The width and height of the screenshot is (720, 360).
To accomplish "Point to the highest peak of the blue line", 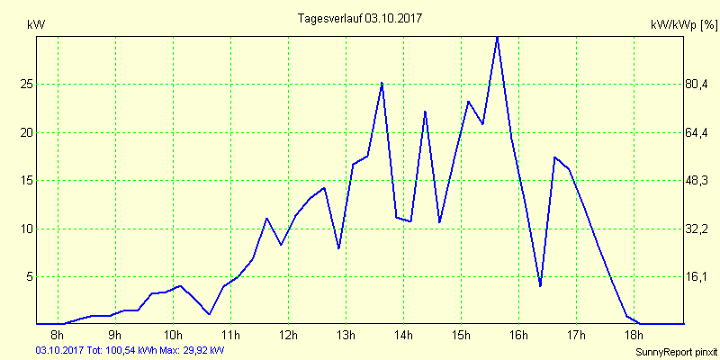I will coord(497,36).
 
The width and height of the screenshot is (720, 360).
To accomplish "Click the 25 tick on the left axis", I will coord(27,84).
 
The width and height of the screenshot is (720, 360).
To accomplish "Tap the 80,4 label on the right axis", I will coord(699,84).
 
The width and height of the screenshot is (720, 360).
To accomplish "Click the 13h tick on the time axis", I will coord(346,337).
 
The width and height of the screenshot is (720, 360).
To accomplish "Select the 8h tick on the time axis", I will coord(58,337).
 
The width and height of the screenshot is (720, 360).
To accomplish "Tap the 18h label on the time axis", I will coord(634,337).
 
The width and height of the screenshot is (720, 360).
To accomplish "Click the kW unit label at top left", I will coord(36,25).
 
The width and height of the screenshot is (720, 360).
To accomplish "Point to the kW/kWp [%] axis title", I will coord(683,26).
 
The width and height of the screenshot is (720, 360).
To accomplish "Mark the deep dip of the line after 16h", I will coord(540,286).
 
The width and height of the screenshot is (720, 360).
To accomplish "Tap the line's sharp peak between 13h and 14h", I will coord(382,83).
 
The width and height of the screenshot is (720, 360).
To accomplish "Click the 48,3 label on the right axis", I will coord(699,180).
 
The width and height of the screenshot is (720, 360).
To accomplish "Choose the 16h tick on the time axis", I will coord(518,337).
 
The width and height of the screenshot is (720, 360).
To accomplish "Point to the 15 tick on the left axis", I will coord(27,180).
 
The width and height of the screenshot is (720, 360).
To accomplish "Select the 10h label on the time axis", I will coord(173,337).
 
